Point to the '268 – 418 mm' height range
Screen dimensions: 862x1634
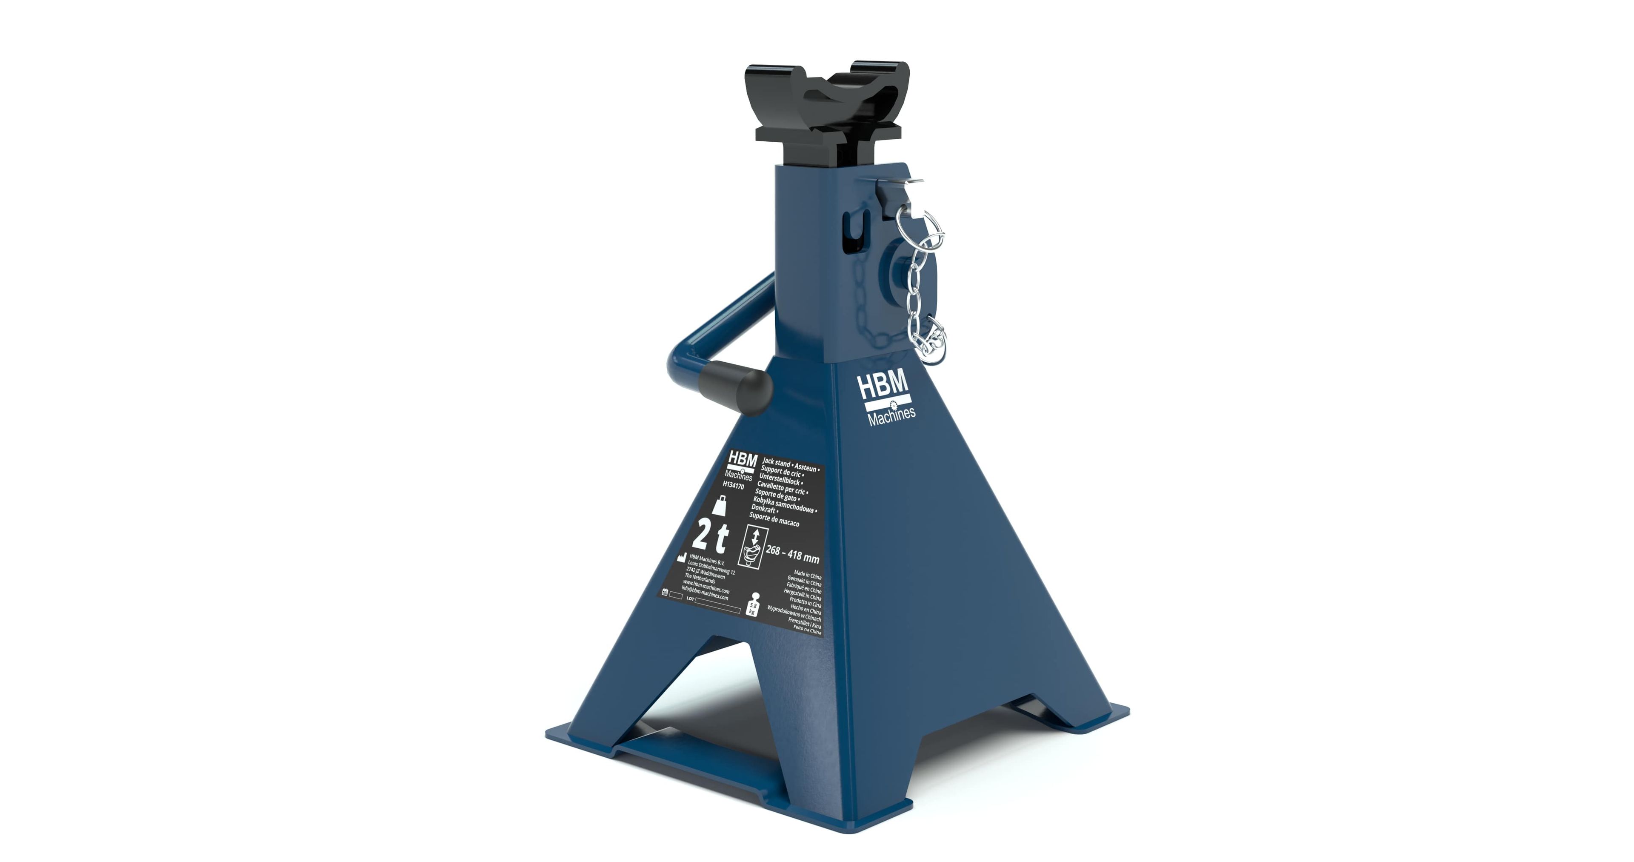coord(792,554)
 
